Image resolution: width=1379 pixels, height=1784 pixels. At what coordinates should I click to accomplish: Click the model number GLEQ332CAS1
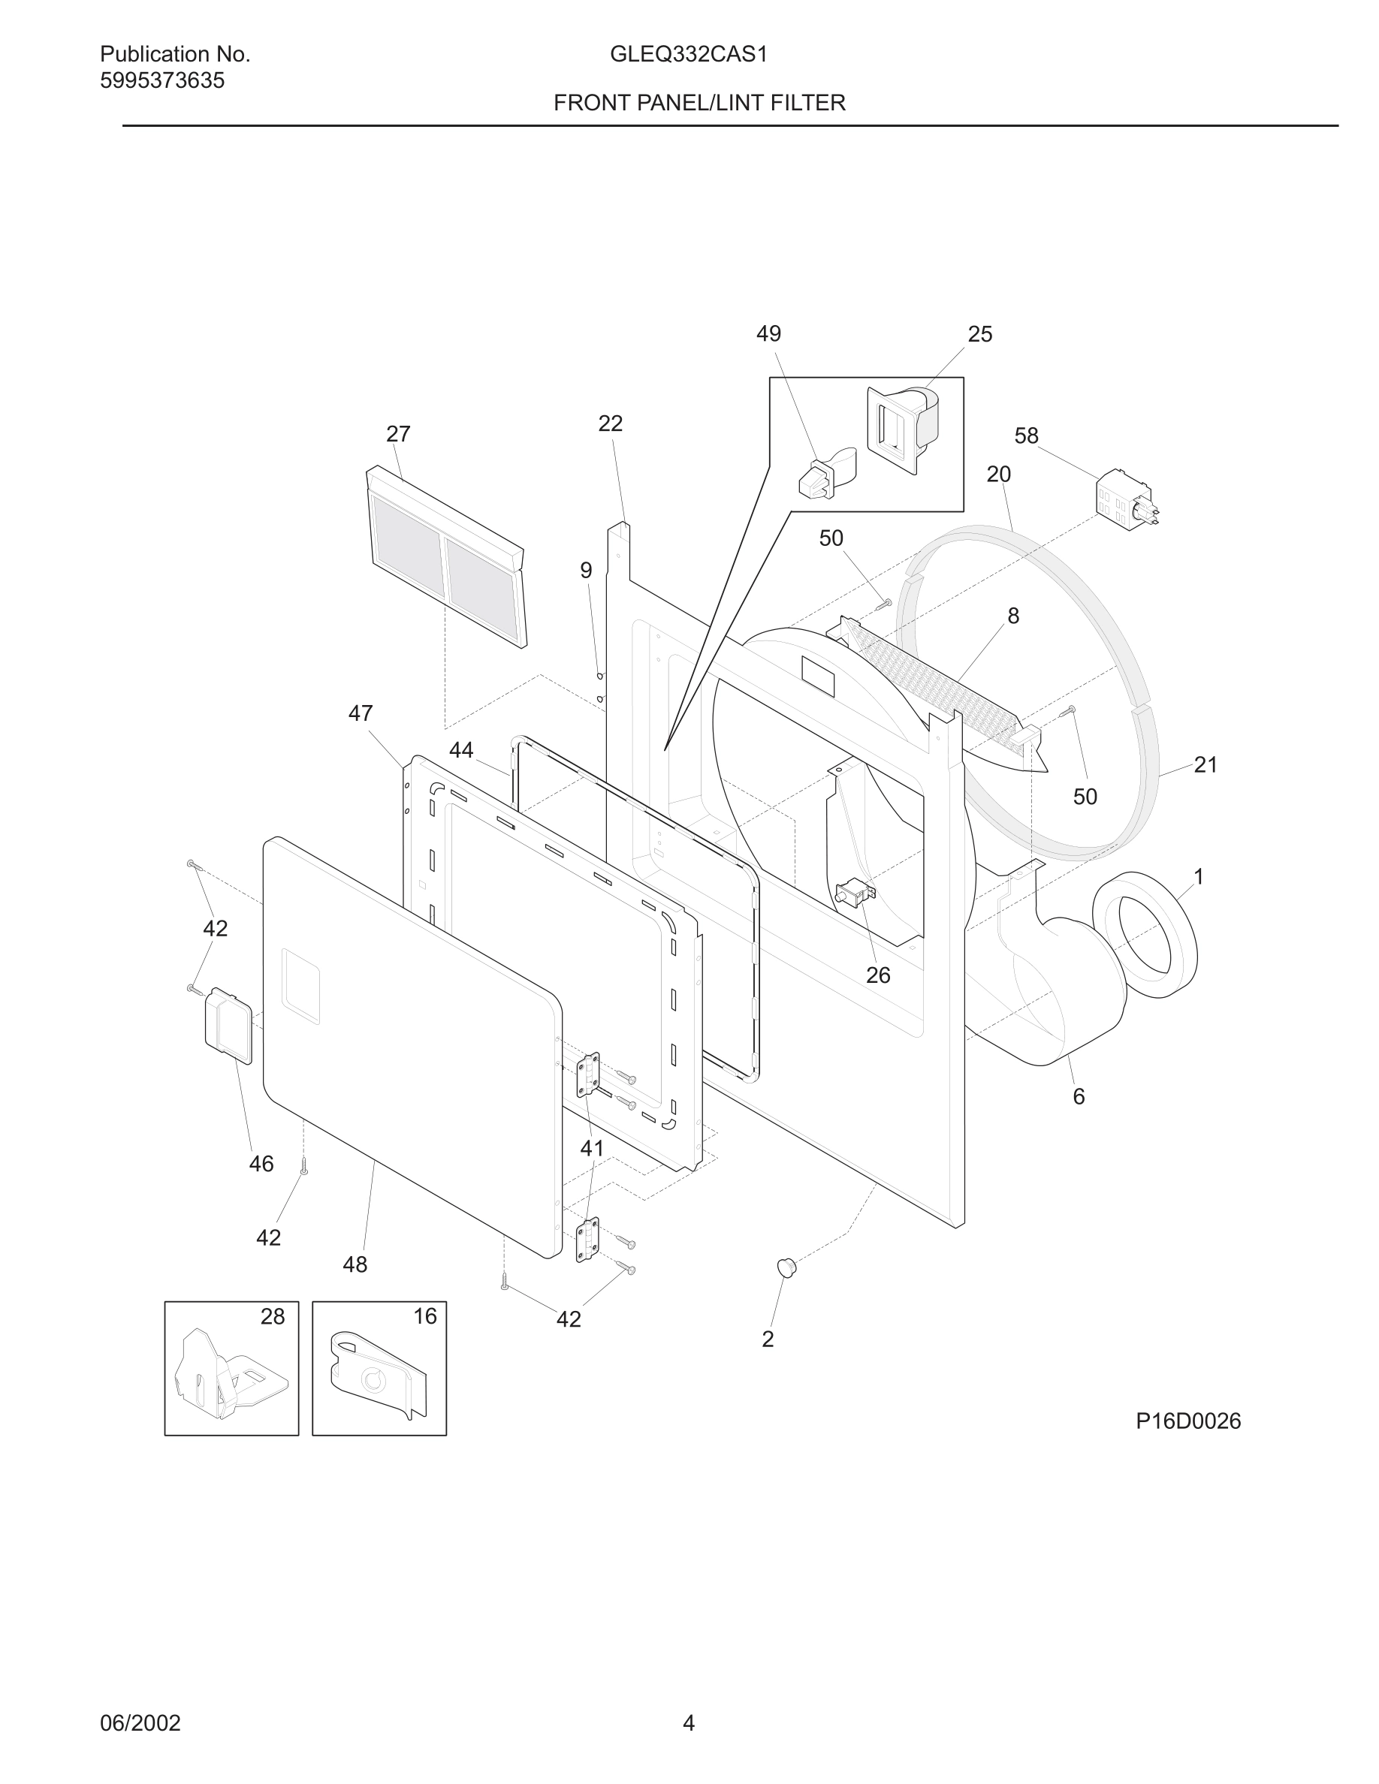point(688,55)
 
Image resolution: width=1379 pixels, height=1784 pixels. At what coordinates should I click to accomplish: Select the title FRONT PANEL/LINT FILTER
point(699,103)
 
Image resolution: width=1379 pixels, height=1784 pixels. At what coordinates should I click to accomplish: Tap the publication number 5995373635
point(161,81)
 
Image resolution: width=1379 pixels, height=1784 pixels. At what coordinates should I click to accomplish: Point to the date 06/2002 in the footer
point(140,1722)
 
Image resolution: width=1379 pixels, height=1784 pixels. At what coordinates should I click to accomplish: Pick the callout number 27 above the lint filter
point(398,434)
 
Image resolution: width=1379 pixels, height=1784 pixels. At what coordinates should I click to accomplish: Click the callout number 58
point(1026,436)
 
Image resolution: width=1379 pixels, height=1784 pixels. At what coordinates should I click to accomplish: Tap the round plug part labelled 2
point(786,1267)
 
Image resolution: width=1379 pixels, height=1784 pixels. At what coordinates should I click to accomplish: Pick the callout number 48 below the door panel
point(355,1265)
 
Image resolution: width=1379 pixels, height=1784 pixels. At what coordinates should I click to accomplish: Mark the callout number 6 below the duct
point(1079,1097)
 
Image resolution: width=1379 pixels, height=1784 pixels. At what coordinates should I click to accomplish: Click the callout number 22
point(610,424)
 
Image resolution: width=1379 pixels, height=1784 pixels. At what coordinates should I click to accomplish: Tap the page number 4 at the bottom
point(689,1722)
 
